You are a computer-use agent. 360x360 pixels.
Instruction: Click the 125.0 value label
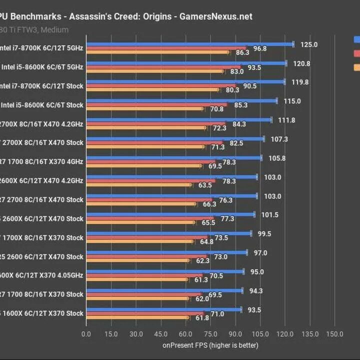309,44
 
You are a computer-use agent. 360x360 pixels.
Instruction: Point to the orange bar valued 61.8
137,317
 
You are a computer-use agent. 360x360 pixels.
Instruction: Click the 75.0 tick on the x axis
210,334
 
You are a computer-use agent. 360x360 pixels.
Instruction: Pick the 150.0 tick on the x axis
334,334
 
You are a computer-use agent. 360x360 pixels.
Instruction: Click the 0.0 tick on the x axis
86,334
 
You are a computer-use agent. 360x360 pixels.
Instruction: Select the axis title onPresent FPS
210,345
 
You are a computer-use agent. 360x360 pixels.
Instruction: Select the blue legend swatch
356,39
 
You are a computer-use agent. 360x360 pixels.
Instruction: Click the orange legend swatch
356,67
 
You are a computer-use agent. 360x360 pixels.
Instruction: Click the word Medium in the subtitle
55,29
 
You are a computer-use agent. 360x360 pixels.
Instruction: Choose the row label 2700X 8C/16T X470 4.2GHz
42,124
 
